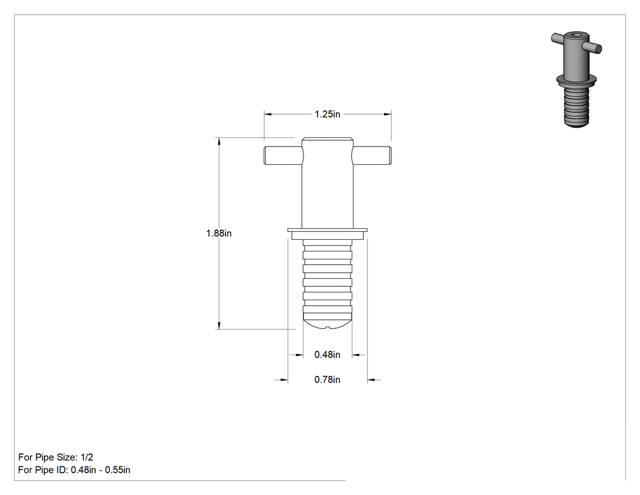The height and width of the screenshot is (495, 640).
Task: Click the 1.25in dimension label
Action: click(x=327, y=114)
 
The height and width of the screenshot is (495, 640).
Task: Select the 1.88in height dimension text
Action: click(x=219, y=233)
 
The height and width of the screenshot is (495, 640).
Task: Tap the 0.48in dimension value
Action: click(x=327, y=355)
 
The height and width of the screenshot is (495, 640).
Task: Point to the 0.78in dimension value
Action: click(x=327, y=380)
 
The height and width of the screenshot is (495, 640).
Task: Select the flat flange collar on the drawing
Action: click(x=327, y=233)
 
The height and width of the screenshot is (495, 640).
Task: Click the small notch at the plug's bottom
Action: click(x=327, y=327)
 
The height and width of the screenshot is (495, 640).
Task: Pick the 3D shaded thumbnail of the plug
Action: click(x=576, y=79)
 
